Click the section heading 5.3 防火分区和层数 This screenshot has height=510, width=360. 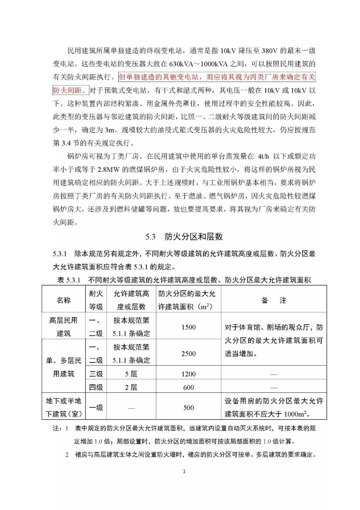(x=184, y=237)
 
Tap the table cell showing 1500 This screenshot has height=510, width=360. (x=188, y=327)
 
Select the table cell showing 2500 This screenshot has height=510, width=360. (x=188, y=354)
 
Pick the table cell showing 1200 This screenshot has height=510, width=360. (x=188, y=374)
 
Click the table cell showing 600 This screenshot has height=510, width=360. (x=188, y=387)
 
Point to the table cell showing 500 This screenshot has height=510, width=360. (x=188, y=408)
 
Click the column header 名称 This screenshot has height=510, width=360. (x=63, y=300)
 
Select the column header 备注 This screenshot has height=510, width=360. (x=274, y=300)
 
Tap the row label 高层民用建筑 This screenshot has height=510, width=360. (x=63, y=327)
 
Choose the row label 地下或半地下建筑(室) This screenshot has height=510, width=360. (x=63, y=407)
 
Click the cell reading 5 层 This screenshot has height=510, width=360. (x=131, y=374)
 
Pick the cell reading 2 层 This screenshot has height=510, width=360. (x=131, y=387)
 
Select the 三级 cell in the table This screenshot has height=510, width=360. (x=96, y=374)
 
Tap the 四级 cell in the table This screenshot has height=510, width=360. (x=96, y=387)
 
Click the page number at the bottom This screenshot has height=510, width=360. (x=184, y=471)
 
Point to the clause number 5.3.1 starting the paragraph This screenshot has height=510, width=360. (x=60, y=254)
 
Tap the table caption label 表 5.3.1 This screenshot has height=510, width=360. (x=69, y=280)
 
